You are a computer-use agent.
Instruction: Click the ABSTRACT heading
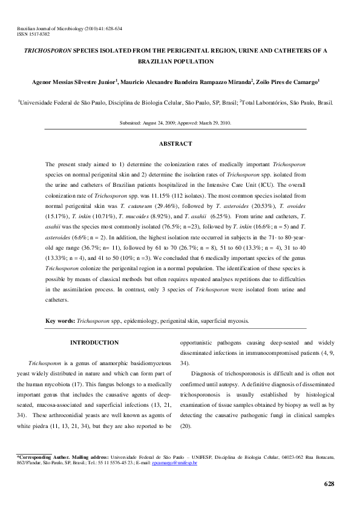pos(175,144)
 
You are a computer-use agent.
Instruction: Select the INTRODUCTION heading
pos(94,343)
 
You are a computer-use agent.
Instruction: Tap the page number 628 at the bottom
pos(329,484)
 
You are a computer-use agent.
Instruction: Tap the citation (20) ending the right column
pos(185,427)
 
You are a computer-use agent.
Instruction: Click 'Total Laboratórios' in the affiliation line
pos(264,103)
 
